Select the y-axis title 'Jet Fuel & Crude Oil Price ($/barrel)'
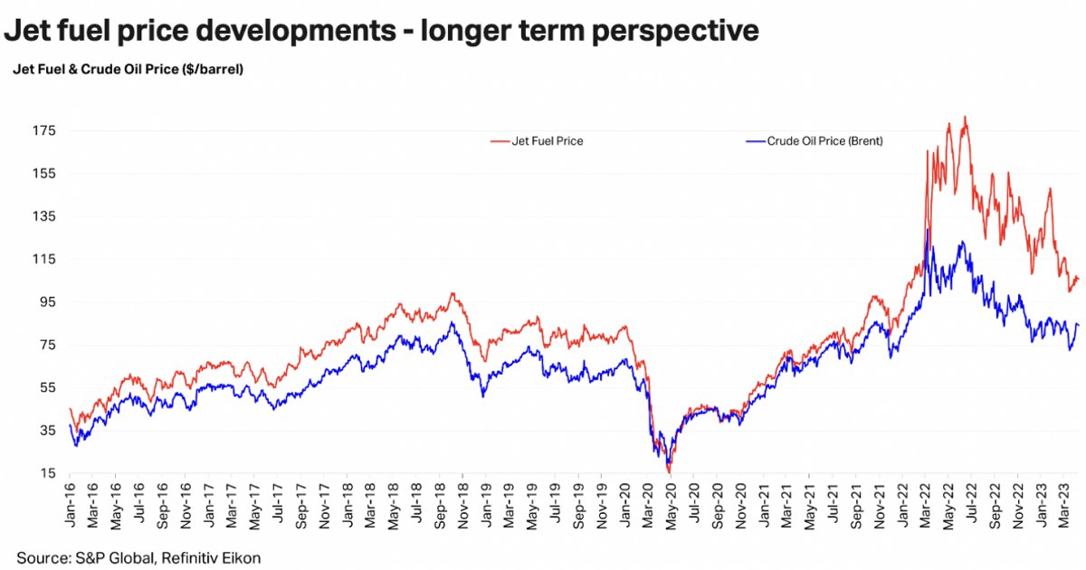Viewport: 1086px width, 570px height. click(x=128, y=69)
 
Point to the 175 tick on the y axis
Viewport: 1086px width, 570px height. click(x=43, y=131)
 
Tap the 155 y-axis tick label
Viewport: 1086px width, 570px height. click(x=43, y=174)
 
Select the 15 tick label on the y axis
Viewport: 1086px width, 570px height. click(x=47, y=473)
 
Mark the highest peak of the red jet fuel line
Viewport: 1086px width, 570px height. click(x=966, y=117)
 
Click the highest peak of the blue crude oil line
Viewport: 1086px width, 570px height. click(x=928, y=230)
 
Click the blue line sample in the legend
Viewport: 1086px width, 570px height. click(x=754, y=141)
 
